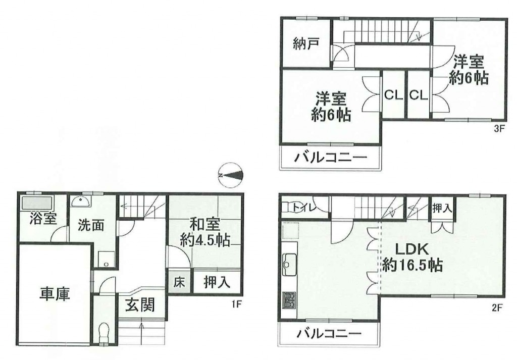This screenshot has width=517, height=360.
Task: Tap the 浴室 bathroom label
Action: tap(43, 219)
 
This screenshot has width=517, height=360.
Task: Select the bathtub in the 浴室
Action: tap(37, 203)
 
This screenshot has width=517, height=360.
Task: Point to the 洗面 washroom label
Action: tap(91, 225)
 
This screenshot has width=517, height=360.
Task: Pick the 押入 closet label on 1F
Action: tap(217, 282)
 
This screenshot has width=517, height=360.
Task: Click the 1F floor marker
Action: tap(237, 304)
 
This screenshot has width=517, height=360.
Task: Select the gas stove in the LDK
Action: tap(289, 300)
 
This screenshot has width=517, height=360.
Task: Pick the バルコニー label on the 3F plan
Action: tap(330, 157)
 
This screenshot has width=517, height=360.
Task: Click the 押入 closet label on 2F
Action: tap(442, 208)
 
